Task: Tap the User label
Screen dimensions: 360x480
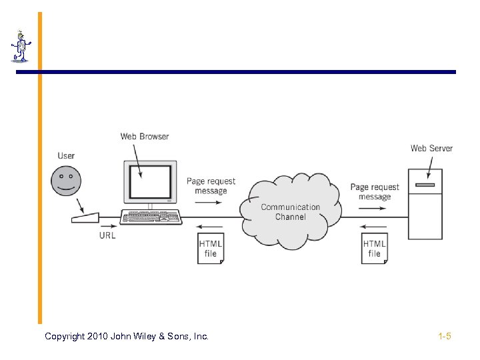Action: pyautogui.click(x=66, y=156)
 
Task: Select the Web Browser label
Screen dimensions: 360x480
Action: pyautogui.click(x=145, y=137)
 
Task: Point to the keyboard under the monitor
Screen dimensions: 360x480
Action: pyautogui.click(x=151, y=217)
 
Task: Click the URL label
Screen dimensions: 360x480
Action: pyautogui.click(x=107, y=235)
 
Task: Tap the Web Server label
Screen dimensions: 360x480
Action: pyautogui.click(x=431, y=148)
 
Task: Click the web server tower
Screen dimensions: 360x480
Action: pyautogui.click(x=425, y=203)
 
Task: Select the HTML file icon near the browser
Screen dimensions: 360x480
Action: pyautogui.click(x=211, y=248)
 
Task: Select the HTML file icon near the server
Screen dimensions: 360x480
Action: pyautogui.click(x=375, y=248)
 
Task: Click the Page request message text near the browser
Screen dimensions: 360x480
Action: pyautogui.click(x=211, y=186)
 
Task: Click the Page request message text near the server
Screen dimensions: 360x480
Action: pyautogui.click(x=375, y=192)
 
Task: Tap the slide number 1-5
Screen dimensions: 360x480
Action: pyautogui.click(x=445, y=337)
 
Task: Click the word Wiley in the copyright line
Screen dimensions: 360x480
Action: pyautogui.click(x=137, y=337)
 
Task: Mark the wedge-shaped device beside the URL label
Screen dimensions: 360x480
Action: pyautogui.click(x=86, y=217)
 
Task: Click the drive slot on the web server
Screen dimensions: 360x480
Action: pyautogui.click(x=425, y=184)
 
